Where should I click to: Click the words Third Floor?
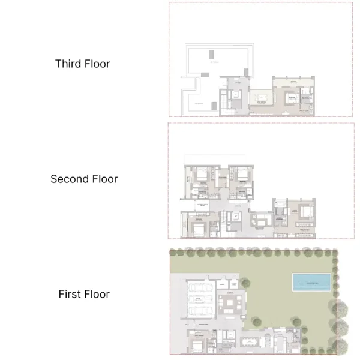pos(83,64)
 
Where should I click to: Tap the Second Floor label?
pos(84,179)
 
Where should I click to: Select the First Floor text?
pos(84,294)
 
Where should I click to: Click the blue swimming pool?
pos(311,282)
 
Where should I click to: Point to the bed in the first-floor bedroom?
pos(196,345)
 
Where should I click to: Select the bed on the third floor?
pos(290,98)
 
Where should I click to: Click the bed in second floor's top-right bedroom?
pos(241,175)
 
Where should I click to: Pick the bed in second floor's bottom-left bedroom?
pos(197,226)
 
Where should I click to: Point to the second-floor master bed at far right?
pos(305,212)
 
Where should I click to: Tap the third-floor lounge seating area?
pos(262,98)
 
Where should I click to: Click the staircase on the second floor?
pos(226,222)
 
